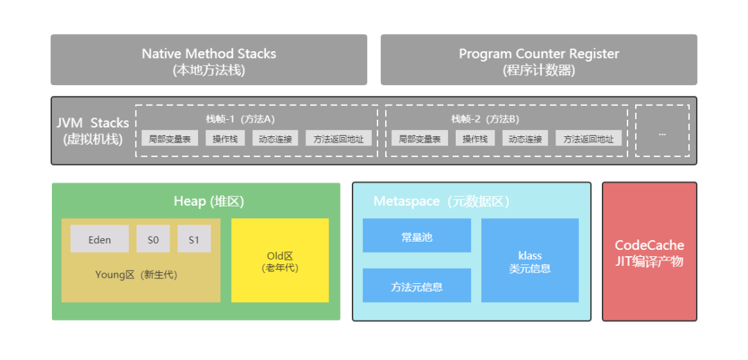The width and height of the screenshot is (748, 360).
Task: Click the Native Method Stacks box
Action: (208, 60)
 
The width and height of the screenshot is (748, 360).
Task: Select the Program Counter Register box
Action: (539, 60)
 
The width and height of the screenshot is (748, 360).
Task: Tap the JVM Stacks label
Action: (93, 131)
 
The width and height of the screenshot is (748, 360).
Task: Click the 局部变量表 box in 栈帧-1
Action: (170, 138)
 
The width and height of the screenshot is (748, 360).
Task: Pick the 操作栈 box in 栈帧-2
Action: (475, 138)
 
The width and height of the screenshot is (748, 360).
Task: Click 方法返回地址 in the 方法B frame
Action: (588, 138)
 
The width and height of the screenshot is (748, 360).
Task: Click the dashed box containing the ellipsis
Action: (662, 131)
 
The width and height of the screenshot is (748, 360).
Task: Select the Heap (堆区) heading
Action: (208, 201)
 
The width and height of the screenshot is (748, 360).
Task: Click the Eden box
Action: (99, 240)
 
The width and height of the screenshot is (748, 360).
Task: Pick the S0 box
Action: (153, 240)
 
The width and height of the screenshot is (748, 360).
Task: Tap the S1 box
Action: (194, 240)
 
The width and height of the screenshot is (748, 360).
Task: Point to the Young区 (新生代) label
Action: (136, 275)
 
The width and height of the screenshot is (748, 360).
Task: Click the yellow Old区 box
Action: (280, 260)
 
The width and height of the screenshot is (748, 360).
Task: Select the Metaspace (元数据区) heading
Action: (441, 201)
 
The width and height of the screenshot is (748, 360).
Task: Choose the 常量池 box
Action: (416, 236)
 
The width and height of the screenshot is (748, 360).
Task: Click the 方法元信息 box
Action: (416, 286)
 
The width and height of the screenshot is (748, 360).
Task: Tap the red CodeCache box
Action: (649, 253)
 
